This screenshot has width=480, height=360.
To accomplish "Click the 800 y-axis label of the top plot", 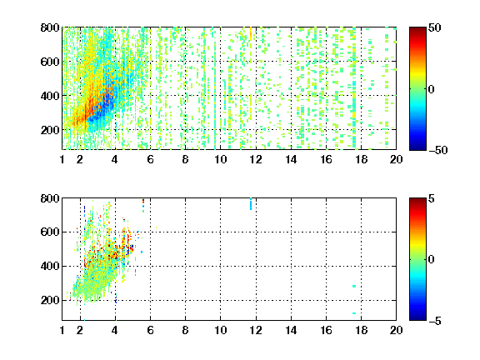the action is [x=50, y=27].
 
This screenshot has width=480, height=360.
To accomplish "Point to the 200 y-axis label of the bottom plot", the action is [x=50, y=300].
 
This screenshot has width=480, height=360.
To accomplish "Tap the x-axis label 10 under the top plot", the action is [x=220, y=159].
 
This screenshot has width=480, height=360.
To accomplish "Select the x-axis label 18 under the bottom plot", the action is [x=361, y=330].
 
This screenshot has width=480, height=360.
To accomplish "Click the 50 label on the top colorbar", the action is [x=434, y=27].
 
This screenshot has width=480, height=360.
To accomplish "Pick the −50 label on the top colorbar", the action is [x=438, y=150].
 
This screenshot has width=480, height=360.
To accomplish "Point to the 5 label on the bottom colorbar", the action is [x=432, y=198].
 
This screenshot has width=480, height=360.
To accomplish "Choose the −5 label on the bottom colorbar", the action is [x=435, y=321].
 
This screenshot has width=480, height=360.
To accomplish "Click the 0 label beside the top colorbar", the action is [x=432, y=89].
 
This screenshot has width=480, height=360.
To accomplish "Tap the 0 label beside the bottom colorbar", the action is [x=432, y=260].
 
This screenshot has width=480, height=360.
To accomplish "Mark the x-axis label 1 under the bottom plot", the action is [x=62, y=330].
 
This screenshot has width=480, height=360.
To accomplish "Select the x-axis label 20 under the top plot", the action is [x=396, y=159].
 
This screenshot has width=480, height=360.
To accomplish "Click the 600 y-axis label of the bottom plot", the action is [x=50, y=232].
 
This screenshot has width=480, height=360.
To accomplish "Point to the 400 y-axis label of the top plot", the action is [x=50, y=96].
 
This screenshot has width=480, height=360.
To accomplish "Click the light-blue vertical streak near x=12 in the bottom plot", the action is [x=251, y=204].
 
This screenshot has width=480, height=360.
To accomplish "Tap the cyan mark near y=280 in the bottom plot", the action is [x=354, y=286].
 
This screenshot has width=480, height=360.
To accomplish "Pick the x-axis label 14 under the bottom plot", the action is [x=291, y=330].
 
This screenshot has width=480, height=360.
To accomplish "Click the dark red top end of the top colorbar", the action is [x=417, y=28].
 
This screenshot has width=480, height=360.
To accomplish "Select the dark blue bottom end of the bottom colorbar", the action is [x=417, y=318].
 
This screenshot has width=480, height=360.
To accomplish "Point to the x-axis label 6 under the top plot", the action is [x=150, y=159].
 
